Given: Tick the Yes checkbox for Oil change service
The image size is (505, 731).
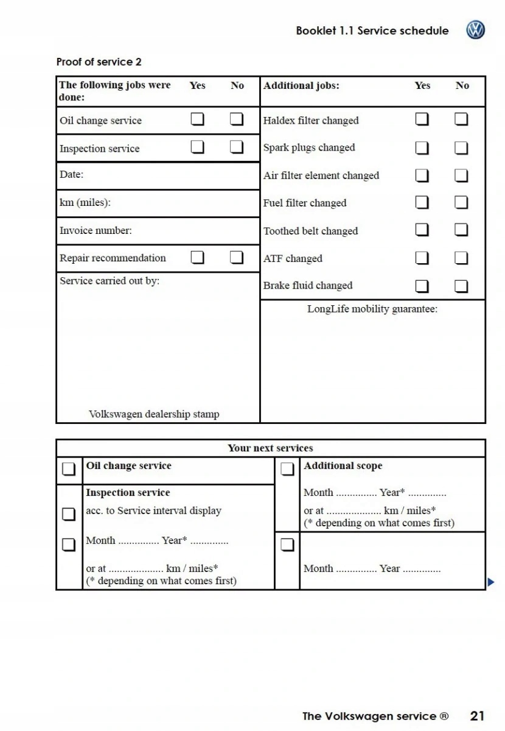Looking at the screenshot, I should click(198, 119).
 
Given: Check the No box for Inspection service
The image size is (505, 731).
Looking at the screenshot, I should click(237, 147).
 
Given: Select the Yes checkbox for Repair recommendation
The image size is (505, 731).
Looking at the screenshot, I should click(198, 257).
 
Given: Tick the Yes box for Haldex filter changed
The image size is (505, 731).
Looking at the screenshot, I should click(422, 119).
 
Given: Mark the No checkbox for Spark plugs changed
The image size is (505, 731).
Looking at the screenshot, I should click(462, 148).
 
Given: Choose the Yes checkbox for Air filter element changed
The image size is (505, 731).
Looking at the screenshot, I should click(422, 175).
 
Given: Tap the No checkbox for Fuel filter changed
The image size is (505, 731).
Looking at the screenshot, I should click(462, 202).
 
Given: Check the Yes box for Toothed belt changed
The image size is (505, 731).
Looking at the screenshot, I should click(422, 230).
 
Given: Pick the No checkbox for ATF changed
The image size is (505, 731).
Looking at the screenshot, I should click(462, 258).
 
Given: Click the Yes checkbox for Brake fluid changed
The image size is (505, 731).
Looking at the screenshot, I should click(422, 286).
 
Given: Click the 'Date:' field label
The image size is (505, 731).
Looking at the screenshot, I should click(72, 175).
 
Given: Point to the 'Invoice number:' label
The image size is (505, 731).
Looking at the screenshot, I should click(96, 231).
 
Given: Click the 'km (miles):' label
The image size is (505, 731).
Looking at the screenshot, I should click(85, 203).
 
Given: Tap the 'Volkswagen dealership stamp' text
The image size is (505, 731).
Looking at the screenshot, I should click(154, 414).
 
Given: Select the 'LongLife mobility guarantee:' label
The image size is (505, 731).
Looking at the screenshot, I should click(372, 309).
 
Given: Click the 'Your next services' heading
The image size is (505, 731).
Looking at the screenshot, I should click(270, 448).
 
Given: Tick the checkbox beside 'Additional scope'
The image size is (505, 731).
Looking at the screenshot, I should click(287, 470).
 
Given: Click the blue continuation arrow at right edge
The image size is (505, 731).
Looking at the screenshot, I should click(491, 582).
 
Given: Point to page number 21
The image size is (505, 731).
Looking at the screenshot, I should click(477, 716).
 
